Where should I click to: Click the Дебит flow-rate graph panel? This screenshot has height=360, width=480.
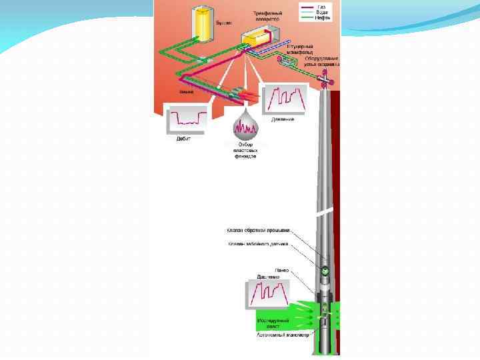point(188,118)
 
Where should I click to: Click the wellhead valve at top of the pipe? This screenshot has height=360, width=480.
point(325,81)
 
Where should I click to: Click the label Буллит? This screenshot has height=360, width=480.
point(223,22)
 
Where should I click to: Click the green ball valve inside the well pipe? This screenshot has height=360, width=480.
point(325,271)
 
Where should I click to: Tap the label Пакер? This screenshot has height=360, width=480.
point(283,269)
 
